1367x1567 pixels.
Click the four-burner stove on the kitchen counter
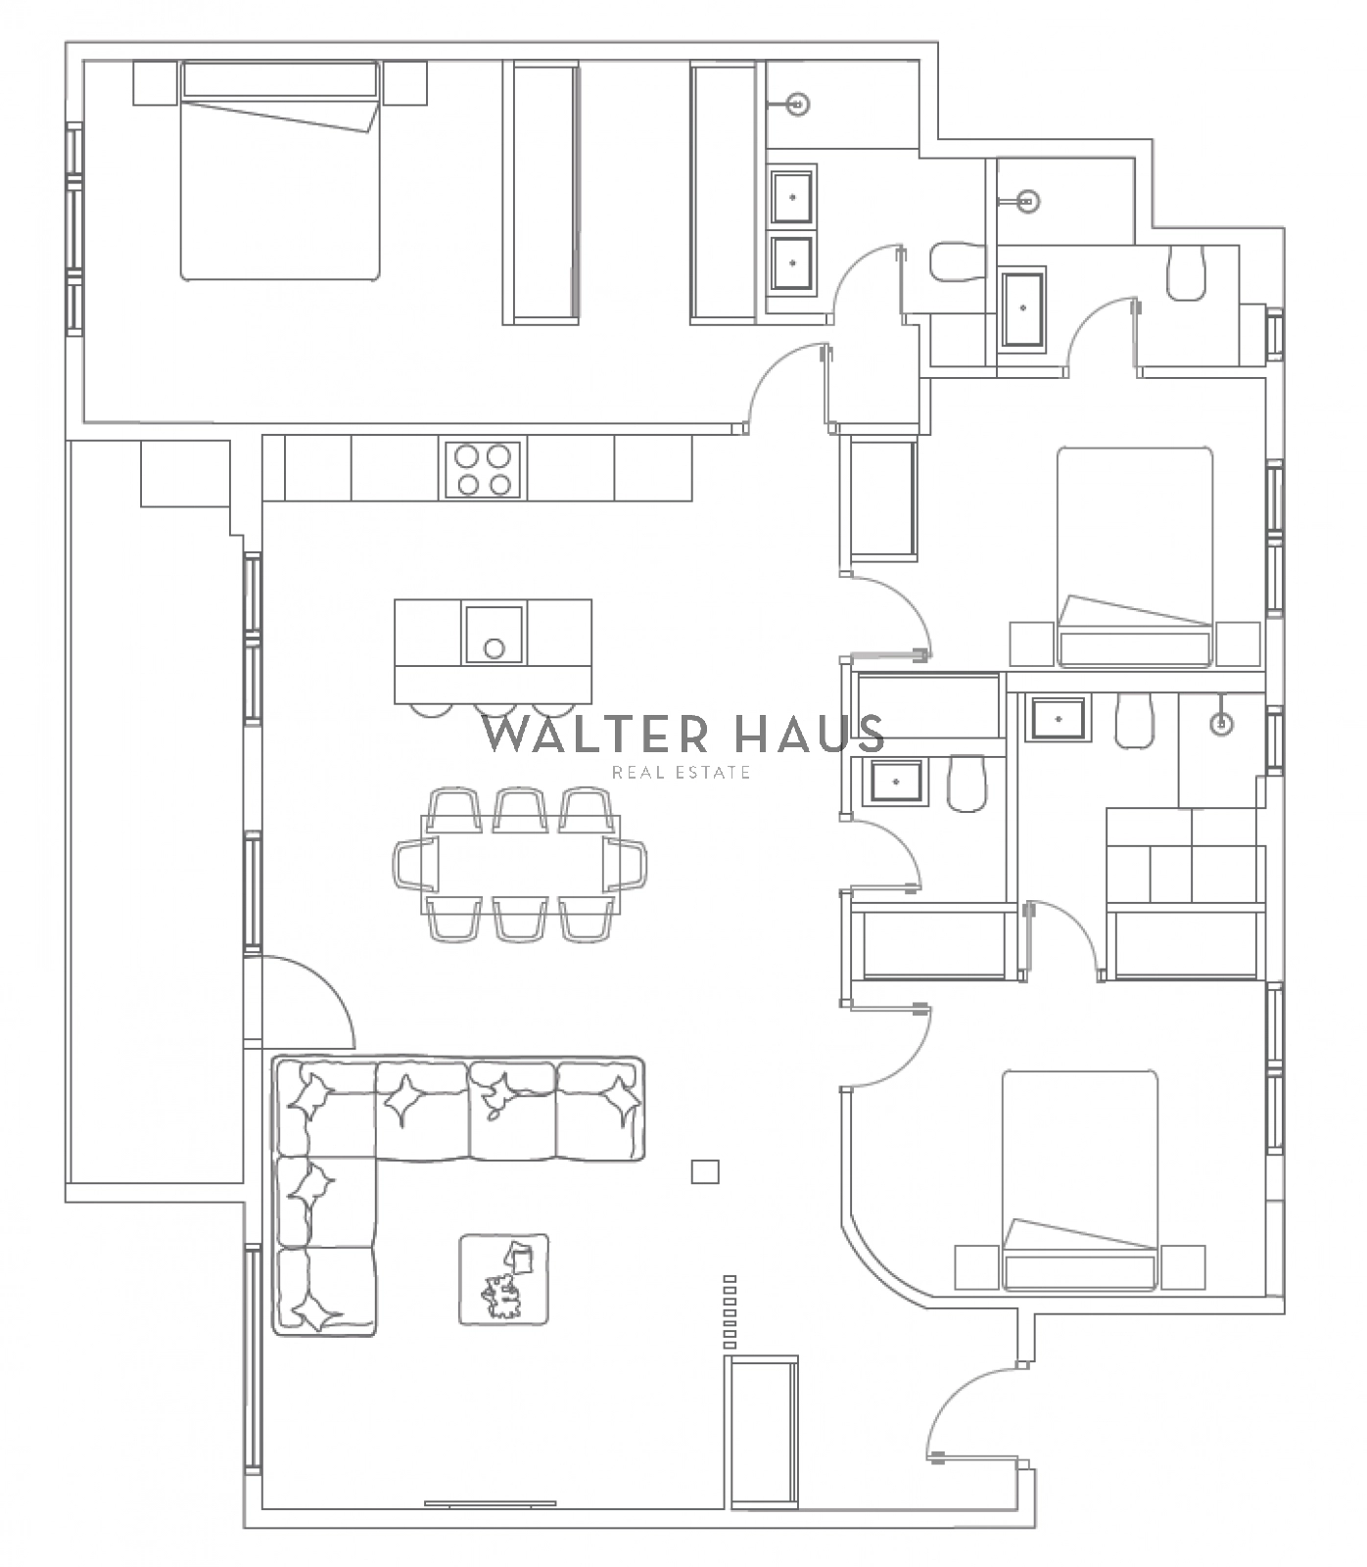(x=484, y=469)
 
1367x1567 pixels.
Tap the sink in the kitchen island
(x=495, y=635)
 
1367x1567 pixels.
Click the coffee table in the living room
(x=504, y=1278)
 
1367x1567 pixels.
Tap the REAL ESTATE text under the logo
(x=682, y=773)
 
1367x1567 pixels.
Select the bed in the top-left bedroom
(x=280, y=170)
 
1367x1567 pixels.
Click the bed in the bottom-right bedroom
(x=1080, y=1180)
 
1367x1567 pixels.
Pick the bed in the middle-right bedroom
(x=1136, y=557)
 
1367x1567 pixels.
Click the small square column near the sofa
(x=705, y=1171)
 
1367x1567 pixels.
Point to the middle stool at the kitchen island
(x=495, y=710)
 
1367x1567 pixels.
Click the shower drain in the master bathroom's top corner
(x=800, y=102)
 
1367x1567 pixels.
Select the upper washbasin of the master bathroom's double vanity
(x=792, y=197)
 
